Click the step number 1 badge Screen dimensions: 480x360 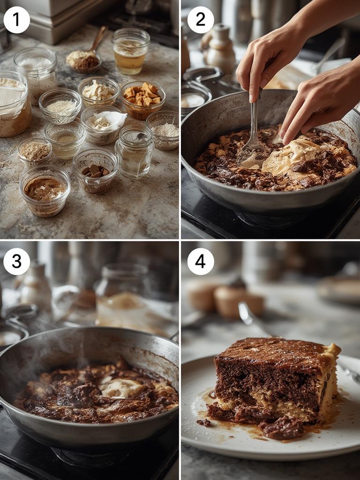point(16,20)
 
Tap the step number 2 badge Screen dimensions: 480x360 point(200,20)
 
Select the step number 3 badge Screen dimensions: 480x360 point(16,261)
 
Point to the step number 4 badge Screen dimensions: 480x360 point(200,261)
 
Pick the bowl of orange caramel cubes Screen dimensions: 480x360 point(142,99)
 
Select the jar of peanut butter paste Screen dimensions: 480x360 point(45,190)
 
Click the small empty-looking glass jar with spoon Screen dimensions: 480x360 point(135,151)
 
